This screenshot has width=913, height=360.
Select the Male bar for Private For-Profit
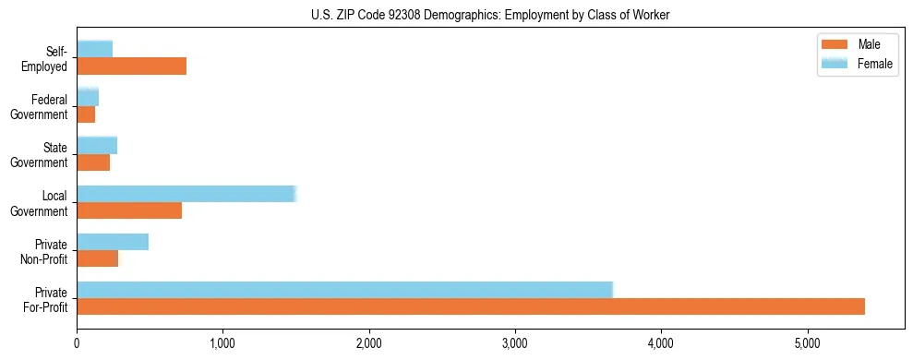471,306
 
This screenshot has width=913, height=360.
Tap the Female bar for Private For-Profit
344,290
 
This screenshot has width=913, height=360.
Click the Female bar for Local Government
186,194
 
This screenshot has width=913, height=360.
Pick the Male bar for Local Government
129,210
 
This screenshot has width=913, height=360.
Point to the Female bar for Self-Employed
95,49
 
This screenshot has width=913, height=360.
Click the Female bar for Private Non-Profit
113,242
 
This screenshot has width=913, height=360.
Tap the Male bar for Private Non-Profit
97,258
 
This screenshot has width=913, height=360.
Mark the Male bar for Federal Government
86,114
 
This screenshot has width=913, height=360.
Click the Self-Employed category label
50,58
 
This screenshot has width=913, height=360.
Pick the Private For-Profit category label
46,299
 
